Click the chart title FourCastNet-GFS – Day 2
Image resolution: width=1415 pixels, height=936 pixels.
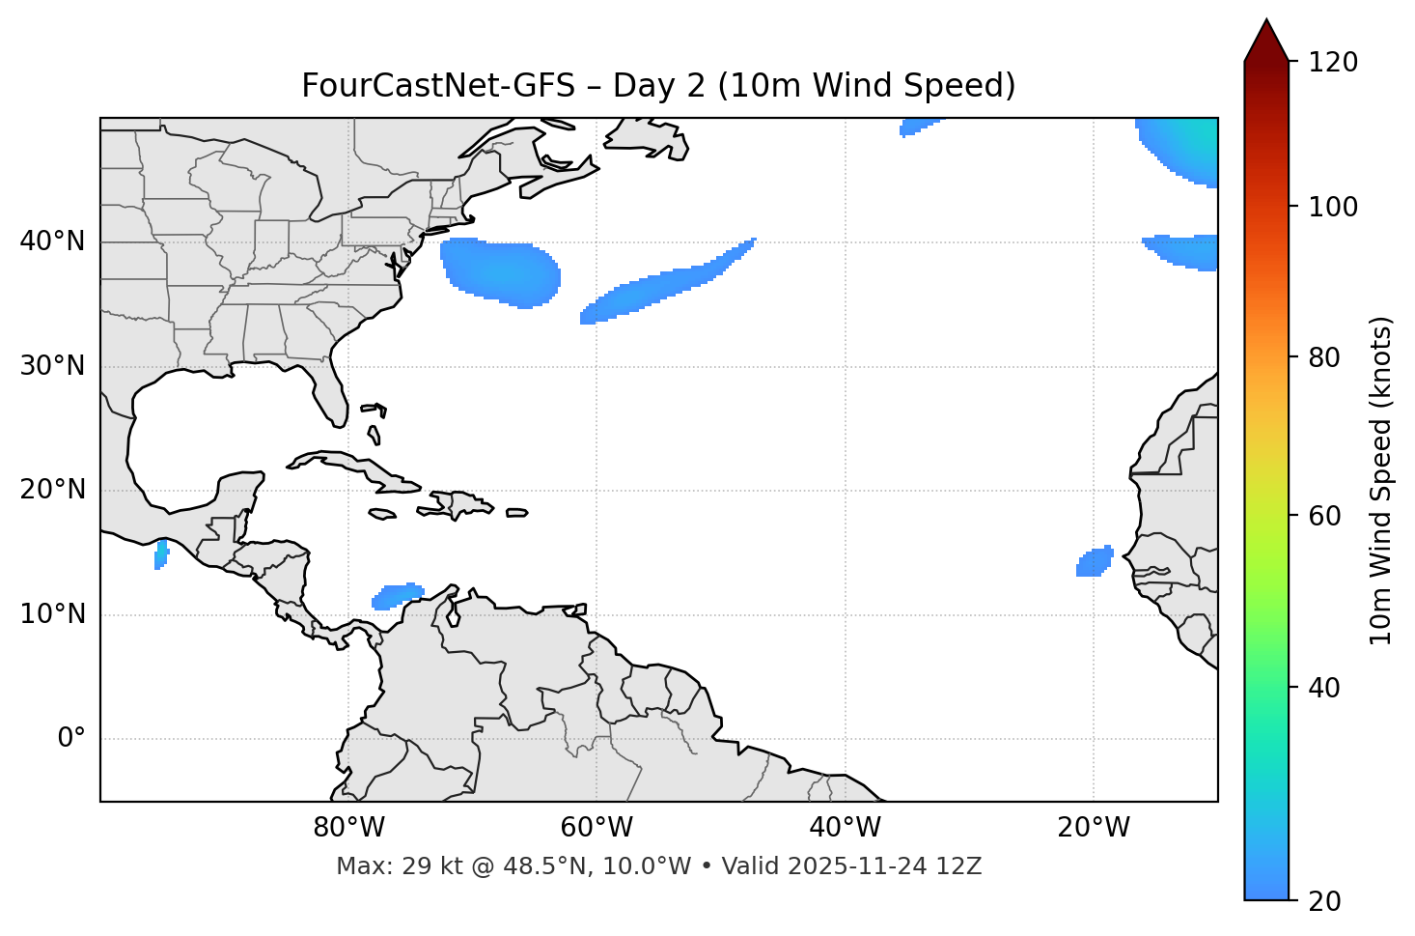[x=658, y=86]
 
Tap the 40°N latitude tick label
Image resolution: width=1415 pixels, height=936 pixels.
[x=52, y=241]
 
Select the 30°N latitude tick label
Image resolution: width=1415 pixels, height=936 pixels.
[x=52, y=366]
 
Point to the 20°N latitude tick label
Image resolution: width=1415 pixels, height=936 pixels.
[x=52, y=490]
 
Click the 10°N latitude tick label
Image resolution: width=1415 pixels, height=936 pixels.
[x=52, y=614]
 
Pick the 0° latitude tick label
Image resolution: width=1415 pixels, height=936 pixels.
[x=70, y=739]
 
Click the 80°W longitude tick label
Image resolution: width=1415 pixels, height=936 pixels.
[x=348, y=828]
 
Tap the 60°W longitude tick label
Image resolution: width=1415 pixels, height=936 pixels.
[x=597, y=828]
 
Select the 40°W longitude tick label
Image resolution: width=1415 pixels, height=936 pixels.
[x=845, y=828]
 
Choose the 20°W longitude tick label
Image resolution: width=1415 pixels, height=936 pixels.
[x=1093, y=828]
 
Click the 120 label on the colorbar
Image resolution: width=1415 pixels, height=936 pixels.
[x=1332, y=63]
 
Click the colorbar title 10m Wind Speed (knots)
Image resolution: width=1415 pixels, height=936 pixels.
[x=1381, y=480]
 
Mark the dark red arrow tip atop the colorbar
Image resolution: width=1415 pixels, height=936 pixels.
[x=1266, y=39]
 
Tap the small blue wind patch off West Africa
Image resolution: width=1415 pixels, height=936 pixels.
[x=1096, y=561]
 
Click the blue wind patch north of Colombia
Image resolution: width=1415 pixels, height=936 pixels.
[x=398, y=595]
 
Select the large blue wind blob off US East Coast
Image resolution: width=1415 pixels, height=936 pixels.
[x=502, y=272]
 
